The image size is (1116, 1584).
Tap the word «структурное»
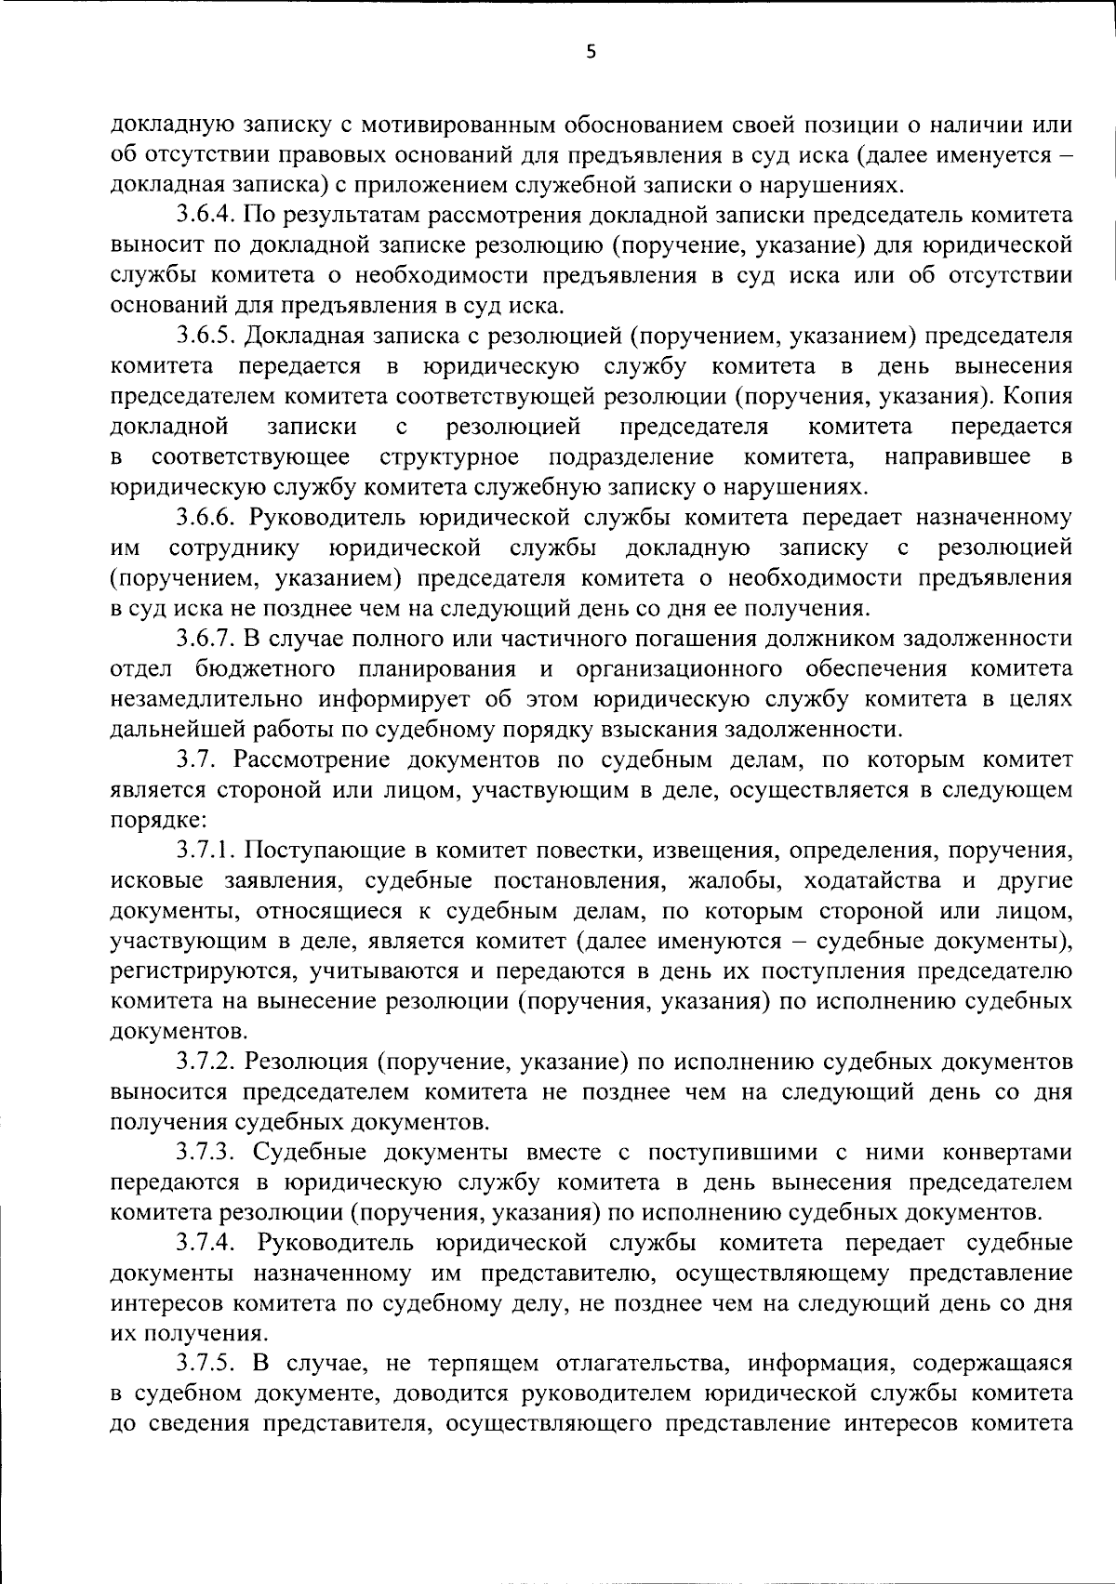tap(449, 456)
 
